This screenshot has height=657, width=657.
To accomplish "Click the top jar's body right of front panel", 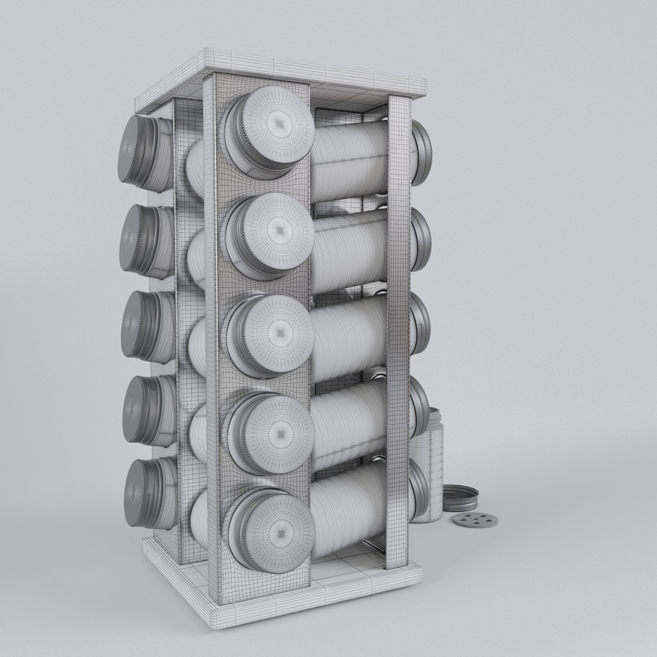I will pyautogui.click(x=350, y=160).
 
